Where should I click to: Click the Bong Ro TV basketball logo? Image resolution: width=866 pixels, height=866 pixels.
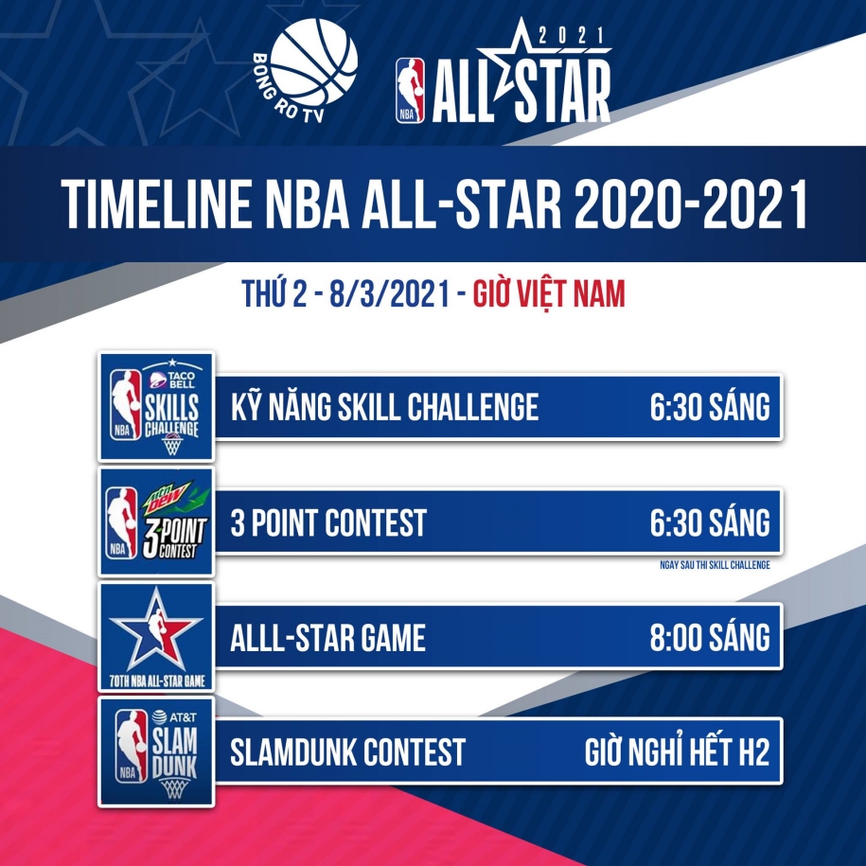coord(306,70)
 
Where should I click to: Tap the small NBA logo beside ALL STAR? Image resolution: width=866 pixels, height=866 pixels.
coord(410,90)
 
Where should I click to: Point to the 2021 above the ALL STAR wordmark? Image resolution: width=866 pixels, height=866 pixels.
coord(571,36)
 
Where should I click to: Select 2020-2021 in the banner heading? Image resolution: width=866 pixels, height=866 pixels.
coord(690,203)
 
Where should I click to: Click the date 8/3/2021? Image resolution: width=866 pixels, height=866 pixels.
coord(389,293)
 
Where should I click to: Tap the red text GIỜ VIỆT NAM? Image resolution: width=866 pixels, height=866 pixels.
coord(549,293)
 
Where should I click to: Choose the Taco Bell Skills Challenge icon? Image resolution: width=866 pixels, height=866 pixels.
coord(156,406)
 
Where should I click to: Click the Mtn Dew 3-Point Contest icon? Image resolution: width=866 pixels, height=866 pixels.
coord(156,521)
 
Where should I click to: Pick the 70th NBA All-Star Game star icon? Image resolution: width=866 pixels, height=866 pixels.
coord(156,636)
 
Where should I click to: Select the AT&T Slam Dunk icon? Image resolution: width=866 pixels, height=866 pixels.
coord(156,751)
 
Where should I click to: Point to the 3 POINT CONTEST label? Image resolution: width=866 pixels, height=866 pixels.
coord(328,522)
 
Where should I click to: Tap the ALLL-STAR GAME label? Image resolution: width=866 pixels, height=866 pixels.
coord(328,637)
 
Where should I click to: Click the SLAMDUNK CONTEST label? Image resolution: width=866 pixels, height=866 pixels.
coord(348,752)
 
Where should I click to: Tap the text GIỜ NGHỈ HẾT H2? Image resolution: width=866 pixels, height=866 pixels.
coord(677,751)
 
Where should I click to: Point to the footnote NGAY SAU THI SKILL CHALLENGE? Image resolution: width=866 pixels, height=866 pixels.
coord(715,565)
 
